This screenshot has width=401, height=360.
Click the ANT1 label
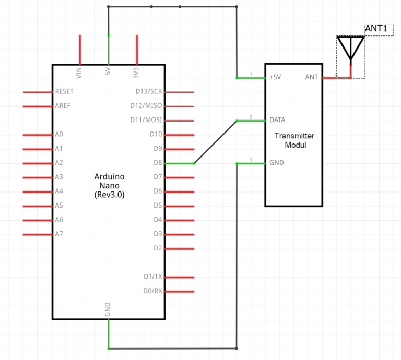coord(376,29)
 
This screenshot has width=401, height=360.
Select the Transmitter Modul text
coord(294,140)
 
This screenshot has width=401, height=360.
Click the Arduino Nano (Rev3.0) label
coord(110,185)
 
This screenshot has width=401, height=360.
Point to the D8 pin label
coord(158,163)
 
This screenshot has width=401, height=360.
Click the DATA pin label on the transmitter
coord(277,120)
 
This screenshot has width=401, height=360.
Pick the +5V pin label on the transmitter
coord(275,77)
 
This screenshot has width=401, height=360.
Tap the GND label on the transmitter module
coord(276,163)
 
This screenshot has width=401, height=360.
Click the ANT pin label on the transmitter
coord(311,77)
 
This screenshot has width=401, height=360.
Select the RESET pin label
coord(64,91)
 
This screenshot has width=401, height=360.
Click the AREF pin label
coord(62,106)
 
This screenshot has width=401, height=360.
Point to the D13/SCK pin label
coord(148,91)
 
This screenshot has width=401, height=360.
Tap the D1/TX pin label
coord(154,277)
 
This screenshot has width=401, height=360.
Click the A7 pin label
coord(59,234)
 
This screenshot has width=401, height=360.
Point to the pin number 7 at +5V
coord(251,74)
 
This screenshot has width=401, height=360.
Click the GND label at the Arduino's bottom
coord(108,310)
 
